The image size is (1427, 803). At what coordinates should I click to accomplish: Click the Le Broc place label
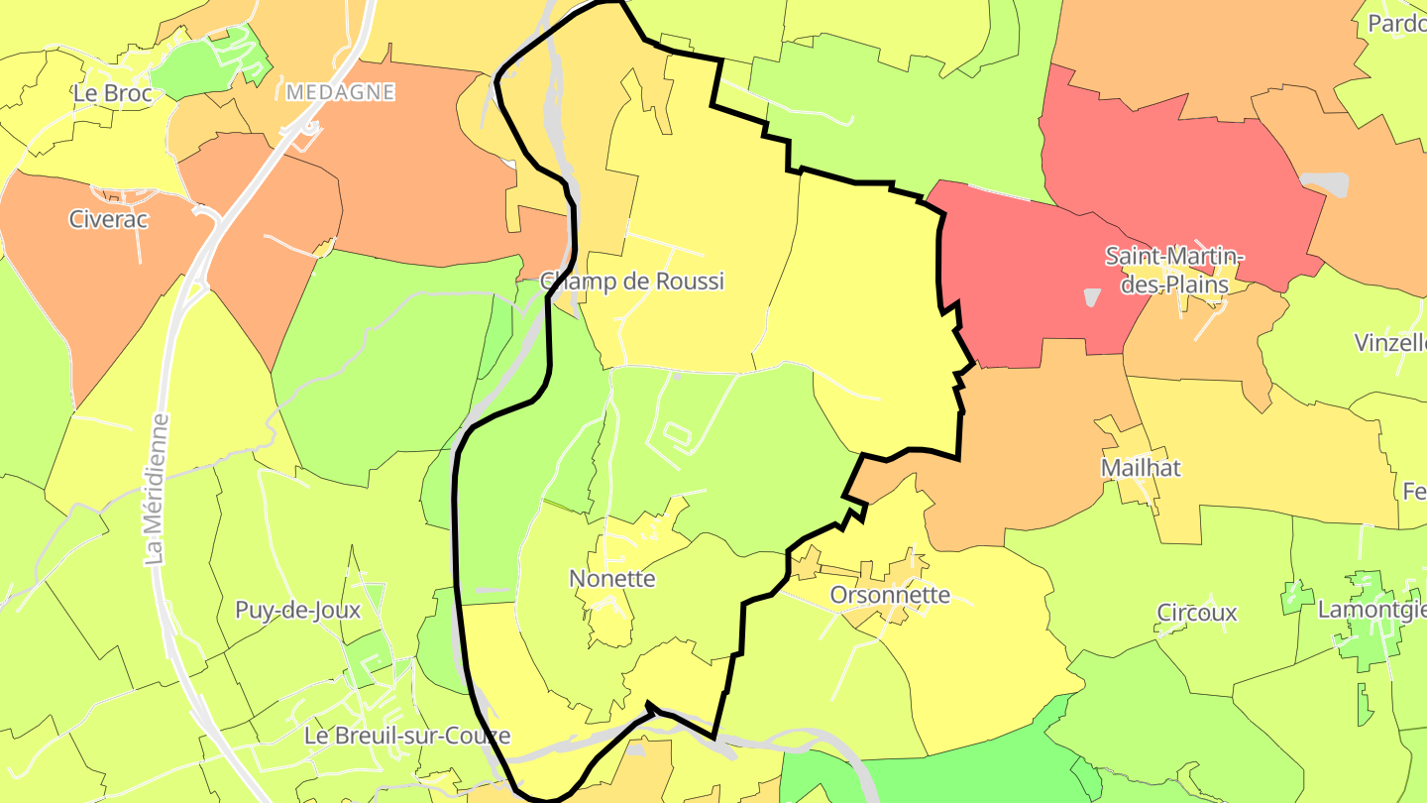coord(112,93)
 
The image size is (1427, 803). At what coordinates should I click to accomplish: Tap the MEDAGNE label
coord(340,92)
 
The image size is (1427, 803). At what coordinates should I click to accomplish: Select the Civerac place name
coord(108,219)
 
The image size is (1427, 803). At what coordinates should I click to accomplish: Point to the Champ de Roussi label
coord(632,281)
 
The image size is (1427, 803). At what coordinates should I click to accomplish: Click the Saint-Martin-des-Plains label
coord(1174,271)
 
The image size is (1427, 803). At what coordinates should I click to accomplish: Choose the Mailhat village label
coord(1141,467)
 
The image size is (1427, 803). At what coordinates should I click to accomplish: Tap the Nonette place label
coord(612,578)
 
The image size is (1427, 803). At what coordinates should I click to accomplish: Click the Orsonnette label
coord(890,595)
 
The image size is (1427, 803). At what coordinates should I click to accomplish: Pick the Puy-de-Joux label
coord(297,610)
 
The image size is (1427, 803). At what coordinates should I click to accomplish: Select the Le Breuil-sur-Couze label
coord(407,736)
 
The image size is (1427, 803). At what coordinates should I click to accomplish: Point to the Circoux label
coord(1197,613)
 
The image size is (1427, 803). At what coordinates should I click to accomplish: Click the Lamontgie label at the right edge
coord(1372,610)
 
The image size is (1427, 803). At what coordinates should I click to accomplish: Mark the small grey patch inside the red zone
coord(1092,296)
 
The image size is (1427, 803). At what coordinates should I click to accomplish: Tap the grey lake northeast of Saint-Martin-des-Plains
coord(1325,183)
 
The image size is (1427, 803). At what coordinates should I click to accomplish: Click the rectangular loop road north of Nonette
coord(678,433)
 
